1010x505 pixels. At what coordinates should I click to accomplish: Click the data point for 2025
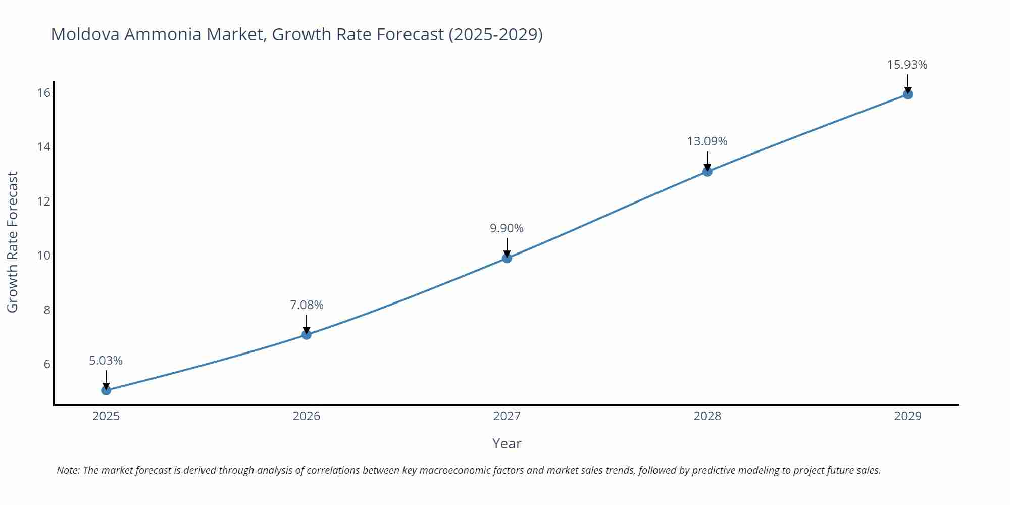tap(106, 390)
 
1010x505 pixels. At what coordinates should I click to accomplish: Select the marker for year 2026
tap(307, 334)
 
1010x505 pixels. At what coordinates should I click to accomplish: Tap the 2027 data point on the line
tap(507, 258)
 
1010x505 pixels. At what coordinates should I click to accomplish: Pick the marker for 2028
tap(708, 172)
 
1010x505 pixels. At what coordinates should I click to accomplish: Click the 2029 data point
tap(907, 94)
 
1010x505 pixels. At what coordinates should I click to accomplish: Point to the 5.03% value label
tap(106, 361)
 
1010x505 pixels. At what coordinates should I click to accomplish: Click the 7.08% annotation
tap(307, 305)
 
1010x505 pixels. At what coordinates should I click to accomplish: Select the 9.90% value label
tap(507, 228)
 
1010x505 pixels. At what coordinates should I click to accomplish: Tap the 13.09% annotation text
tap(707, 141)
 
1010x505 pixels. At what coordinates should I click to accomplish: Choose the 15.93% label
tap(907, 65)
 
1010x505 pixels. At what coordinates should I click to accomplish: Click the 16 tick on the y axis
tap(43, 92)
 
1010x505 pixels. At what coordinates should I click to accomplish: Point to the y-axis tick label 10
tap(43, 256)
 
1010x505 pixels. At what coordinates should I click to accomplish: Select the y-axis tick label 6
tap(47, 364)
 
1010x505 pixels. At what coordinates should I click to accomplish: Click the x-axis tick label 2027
tap(507, 416)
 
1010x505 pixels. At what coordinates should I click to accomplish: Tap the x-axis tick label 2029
tap(907, 416)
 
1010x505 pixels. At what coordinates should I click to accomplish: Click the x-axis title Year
tap(507, 443)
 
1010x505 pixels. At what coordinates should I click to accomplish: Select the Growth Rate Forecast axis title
tap(13, 242)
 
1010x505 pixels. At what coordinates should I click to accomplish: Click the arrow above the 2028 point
tap(708, 161)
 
